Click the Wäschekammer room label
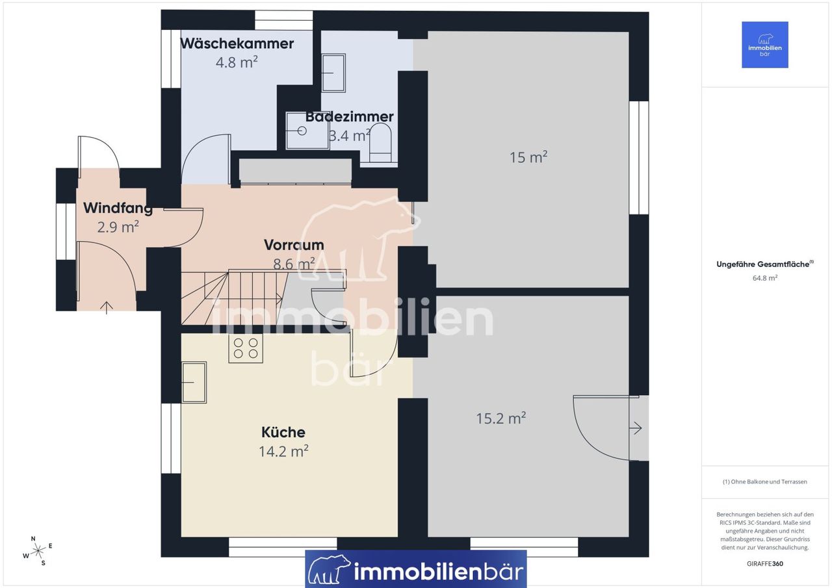point(237,44)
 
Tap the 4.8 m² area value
point(237,62)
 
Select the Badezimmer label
point(349,116)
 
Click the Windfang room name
point(118,208)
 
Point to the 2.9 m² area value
point(118,227)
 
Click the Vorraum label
point(294,245)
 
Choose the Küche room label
point(283,432)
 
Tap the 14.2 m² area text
point(283,451)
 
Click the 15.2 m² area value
point(501,418)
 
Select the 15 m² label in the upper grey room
point(528,157)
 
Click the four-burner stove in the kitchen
point(246,348)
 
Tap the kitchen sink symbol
point(194,382)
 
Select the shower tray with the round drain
point(307,131)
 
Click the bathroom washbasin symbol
point(333,73)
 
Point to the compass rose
point(38,551)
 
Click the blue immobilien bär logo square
point(765,45)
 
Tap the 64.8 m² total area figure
point(765,277)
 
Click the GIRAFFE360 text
point(765,563)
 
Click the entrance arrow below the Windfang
point(107,308)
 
